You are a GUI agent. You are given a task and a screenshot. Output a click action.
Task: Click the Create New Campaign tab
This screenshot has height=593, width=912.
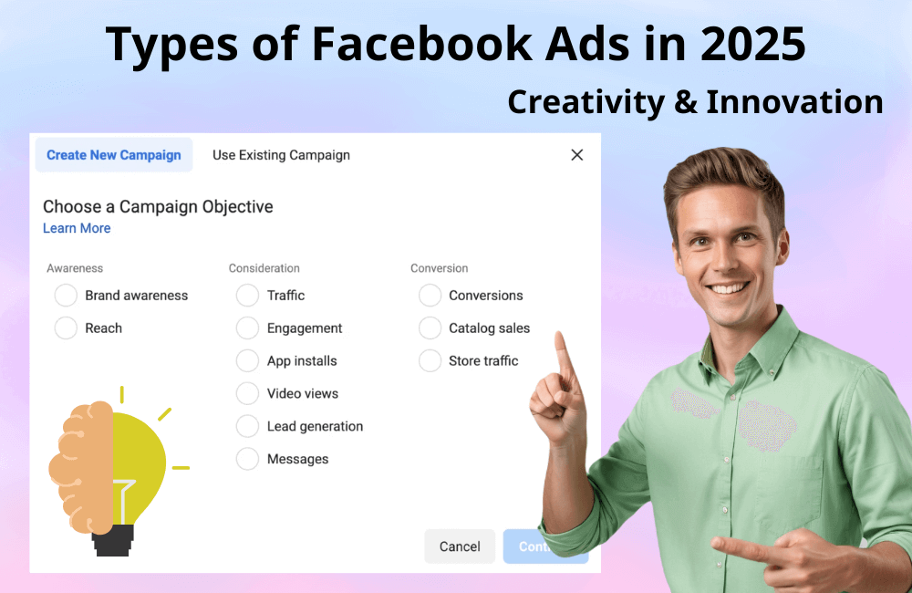[114, 155]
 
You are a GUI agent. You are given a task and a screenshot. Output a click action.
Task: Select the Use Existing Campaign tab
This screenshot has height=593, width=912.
[281, 155]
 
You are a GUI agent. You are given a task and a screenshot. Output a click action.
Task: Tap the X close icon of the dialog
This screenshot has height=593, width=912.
[576, 155]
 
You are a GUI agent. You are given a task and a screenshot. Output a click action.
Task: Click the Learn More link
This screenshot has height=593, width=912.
[77, 228]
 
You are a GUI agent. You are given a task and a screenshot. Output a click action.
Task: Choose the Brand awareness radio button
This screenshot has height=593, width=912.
[66, 296]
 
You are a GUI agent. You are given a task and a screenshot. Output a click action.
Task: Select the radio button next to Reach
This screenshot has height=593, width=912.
[66, 328]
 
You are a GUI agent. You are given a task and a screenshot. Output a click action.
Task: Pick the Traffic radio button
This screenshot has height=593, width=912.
[247, 296]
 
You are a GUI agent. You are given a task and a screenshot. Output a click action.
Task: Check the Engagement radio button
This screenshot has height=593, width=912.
[247, 328]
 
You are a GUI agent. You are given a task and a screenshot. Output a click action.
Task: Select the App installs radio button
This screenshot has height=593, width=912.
[247, 361]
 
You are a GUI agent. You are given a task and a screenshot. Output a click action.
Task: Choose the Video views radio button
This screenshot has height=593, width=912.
[247, 394]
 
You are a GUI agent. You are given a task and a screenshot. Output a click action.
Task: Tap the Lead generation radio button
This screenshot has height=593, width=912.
[247, 427]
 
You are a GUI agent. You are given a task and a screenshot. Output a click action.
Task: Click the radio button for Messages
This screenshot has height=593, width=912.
[247, 460]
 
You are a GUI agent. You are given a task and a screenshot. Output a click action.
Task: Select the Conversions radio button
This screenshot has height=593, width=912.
[430, 296]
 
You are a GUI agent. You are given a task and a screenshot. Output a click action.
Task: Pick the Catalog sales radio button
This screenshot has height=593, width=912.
[430, 328]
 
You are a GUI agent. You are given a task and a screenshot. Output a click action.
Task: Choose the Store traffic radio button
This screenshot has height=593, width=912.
[430, 361]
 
